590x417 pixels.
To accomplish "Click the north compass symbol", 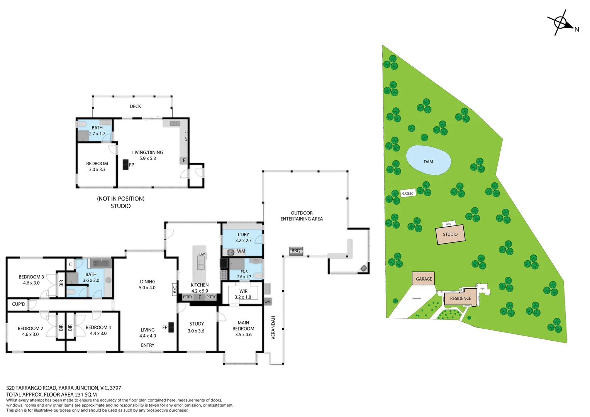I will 561,23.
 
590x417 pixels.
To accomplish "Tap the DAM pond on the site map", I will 428,160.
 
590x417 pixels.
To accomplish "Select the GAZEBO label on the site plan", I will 408,193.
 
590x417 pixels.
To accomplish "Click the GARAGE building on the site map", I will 424,279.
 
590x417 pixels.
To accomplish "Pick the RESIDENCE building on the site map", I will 460,298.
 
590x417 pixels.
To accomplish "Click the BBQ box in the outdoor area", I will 296,251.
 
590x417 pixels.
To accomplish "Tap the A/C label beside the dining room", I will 175,289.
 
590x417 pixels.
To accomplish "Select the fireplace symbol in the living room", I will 171,327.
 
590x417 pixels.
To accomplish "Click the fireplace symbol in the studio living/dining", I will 125,164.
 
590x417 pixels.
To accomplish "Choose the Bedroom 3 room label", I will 31,277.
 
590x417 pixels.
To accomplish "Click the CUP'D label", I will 19,304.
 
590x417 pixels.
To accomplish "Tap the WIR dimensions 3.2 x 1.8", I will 243,297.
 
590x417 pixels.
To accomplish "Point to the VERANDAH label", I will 273,327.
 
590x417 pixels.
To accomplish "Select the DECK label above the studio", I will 135,106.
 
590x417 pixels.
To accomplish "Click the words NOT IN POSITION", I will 120,198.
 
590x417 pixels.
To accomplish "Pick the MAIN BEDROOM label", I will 243,325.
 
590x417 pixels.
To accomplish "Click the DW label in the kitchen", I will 202,254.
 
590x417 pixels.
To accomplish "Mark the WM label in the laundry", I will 241,251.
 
